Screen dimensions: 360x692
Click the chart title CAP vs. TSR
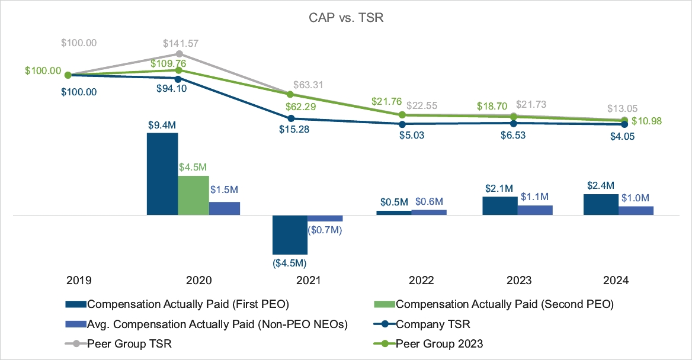coord(346,18)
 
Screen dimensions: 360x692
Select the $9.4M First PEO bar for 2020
coord(162,173)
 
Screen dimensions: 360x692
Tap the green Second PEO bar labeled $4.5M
coord(193,195)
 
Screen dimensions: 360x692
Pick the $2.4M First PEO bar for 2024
coord(601,204)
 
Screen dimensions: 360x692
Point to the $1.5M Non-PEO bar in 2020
coord(225,208)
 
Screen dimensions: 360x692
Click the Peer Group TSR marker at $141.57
coord(179,54)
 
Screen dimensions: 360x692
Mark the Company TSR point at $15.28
coord(290,118)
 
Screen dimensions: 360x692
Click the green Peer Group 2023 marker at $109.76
coord(179,70)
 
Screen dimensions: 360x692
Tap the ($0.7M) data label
coord(325,229)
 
